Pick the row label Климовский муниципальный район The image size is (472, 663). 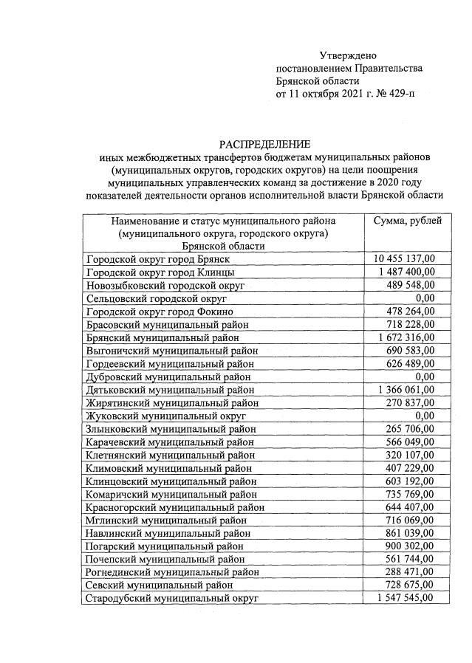point(170,467)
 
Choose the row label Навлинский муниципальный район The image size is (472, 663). point(171,532)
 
